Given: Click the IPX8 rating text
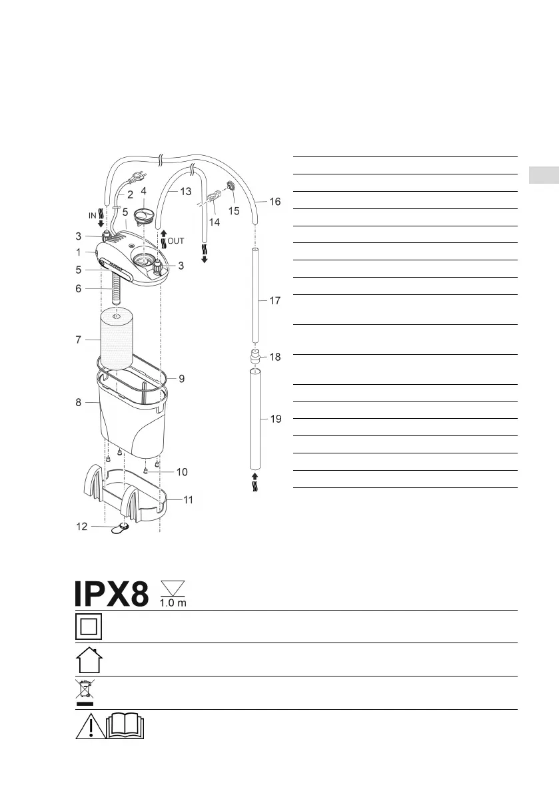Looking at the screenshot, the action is (x=112, y=593).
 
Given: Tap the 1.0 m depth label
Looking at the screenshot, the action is (x=173, y=603).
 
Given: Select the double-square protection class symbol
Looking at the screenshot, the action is (x=89, y=627).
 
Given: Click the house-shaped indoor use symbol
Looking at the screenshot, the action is (x=89, y=660).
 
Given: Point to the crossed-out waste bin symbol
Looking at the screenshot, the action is (x=85, y=692).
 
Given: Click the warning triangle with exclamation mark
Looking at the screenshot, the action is (x=91, y=726).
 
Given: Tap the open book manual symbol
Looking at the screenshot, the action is (x=125, y=726).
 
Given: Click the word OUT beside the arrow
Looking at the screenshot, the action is (x=176, y=241).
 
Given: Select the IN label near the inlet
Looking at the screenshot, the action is (x=93, y=216).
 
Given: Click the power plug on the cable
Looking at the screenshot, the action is (x=137, y=177).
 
